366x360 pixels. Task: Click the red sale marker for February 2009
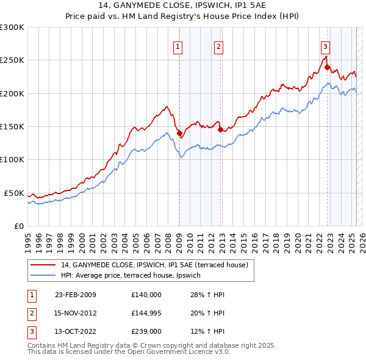point(179,133)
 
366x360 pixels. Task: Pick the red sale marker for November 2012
point(220,129)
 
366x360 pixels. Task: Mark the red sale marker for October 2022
point(328,67)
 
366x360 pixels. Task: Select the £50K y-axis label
point(15,193)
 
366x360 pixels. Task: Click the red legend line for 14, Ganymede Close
point(43,265)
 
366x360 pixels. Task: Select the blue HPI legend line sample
point(43,276)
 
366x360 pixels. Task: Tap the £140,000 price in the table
point(146,295)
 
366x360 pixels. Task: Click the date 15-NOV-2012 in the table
point(76,313)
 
